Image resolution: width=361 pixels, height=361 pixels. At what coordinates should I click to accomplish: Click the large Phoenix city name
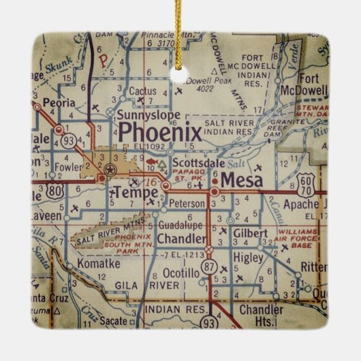pos(160,131)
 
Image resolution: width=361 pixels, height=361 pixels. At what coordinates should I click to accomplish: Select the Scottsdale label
pos(198,164)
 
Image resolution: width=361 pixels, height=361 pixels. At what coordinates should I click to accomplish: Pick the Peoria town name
pos(58,104)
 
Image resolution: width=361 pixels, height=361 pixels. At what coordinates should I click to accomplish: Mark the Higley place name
pos(247,258)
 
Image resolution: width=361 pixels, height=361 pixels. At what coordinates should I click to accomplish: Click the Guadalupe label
pos(180,225)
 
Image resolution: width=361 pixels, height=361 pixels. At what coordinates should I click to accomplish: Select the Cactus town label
pos(142,91)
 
